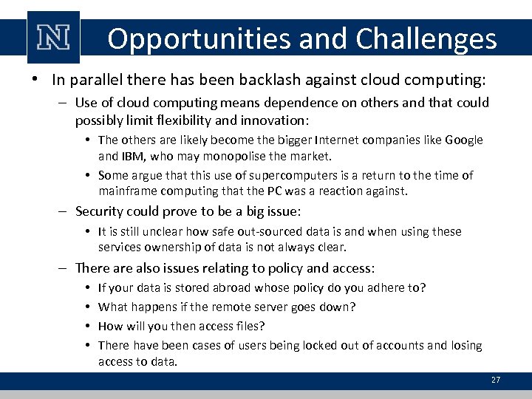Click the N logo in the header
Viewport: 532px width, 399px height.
tap(52, 37)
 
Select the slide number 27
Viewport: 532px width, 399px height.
tap(495, 380)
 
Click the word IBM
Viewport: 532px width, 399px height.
tap(137, 156)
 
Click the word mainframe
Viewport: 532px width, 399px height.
tap(127, 191)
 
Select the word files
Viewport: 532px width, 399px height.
tap(248, 326)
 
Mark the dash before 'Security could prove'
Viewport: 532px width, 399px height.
tap(65, 211)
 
